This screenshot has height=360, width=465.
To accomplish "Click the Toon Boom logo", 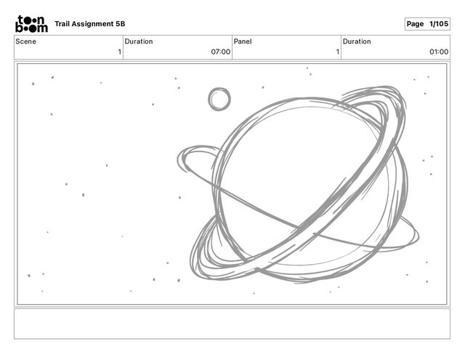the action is click(31, 24).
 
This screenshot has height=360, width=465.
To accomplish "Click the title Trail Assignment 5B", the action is click(90, 24).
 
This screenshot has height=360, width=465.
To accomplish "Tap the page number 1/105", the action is click(439, 24).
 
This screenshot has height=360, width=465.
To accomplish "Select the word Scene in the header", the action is click(26, 41).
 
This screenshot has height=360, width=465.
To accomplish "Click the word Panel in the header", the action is click(243, 41).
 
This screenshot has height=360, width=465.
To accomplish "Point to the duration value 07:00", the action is click(221, 52).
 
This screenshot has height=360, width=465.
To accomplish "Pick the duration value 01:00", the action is click(439, 52).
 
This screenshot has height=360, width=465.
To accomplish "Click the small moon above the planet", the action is click(219, 99).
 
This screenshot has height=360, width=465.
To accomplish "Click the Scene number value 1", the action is click(119, 52).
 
